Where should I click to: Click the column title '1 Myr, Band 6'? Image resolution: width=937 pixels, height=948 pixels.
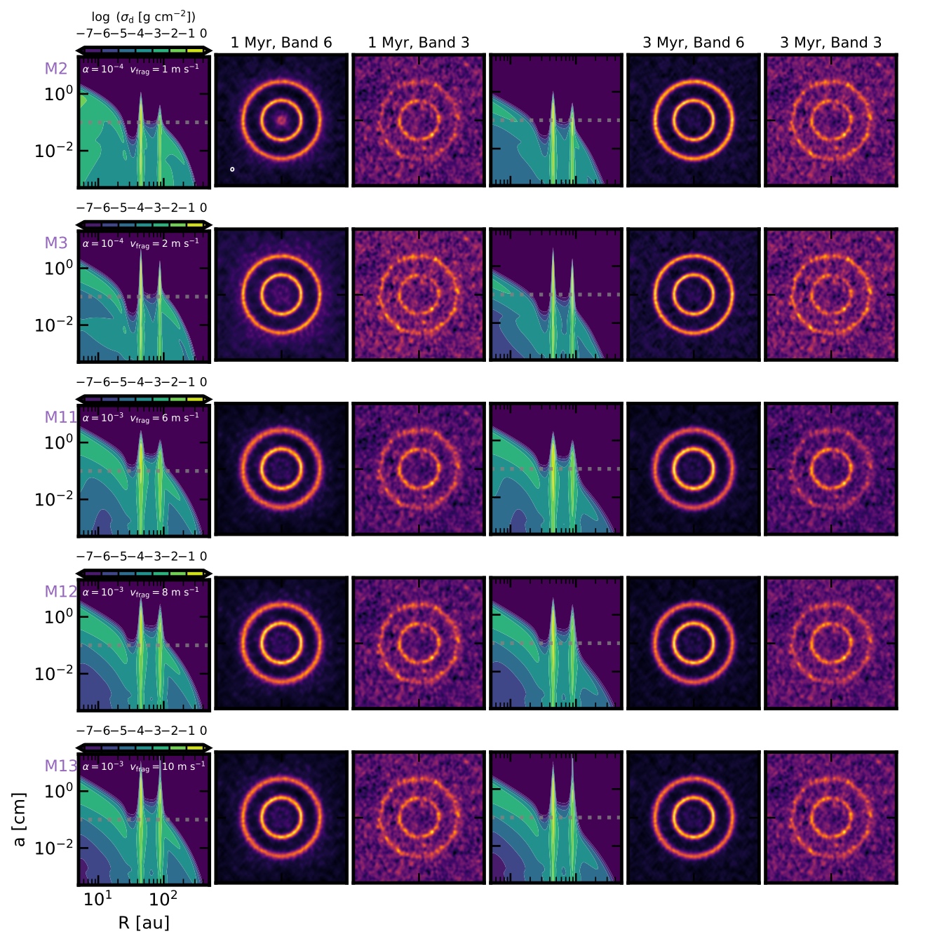(281, 43)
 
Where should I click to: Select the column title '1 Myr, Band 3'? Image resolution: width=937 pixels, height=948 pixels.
(419, 43)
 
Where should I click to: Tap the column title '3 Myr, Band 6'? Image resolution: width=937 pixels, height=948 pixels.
(694, 43)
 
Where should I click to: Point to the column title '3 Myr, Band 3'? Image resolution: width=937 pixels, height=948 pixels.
(831, 43)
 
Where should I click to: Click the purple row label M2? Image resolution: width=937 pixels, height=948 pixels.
(56, 69)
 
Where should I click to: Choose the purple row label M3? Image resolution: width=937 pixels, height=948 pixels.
(56, 243)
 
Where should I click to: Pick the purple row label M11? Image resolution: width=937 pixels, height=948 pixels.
(60, 417)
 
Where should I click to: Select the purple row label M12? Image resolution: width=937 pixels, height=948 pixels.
(60, 592)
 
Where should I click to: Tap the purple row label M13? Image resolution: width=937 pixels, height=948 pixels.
(60, 766)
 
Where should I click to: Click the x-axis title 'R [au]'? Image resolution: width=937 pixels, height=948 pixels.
(144, 923)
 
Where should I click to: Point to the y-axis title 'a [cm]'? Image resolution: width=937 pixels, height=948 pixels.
(20, 819)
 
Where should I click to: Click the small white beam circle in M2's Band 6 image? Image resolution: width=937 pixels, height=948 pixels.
(232, 169)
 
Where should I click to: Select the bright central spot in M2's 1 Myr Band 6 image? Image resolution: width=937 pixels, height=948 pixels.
(281, 121)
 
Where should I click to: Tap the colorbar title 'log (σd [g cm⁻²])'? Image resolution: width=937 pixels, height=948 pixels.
(143, 17)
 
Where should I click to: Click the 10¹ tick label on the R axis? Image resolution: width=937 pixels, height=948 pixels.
(97, 899)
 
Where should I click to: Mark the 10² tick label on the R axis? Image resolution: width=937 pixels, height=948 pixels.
(163, 899)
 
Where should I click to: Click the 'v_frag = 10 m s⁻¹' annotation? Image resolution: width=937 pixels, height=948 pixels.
(168, 766)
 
